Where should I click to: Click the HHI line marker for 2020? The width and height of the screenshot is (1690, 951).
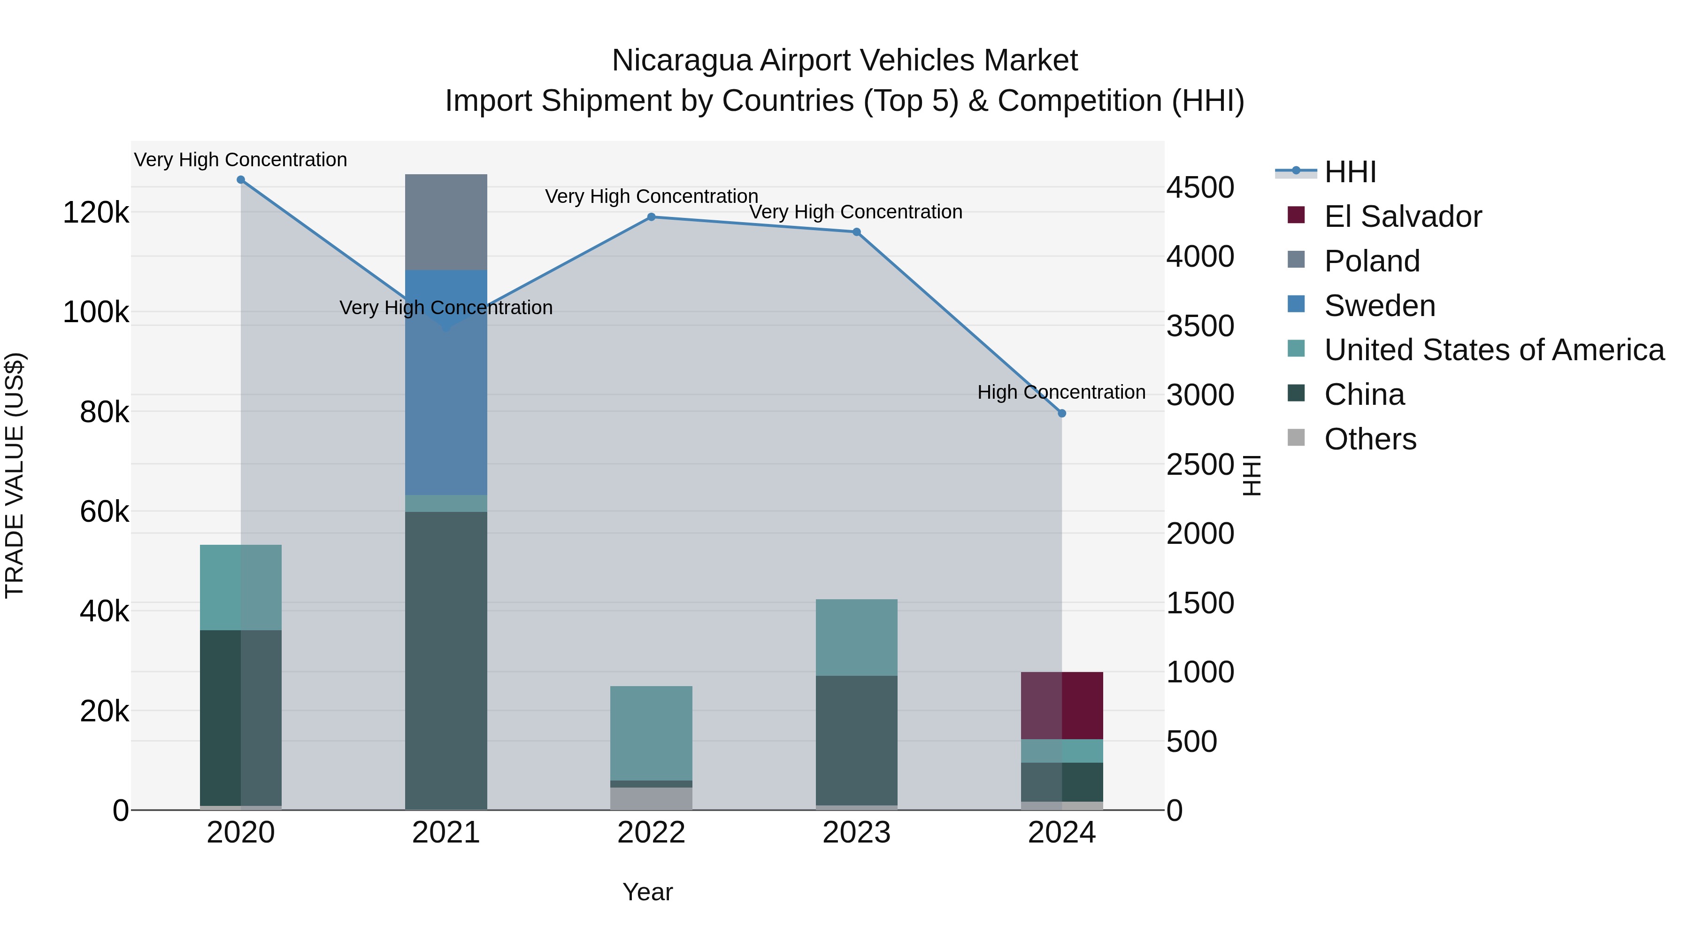(241, 180)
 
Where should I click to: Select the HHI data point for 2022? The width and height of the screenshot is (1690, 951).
(652, 217)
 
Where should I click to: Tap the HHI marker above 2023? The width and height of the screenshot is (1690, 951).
(856, 232)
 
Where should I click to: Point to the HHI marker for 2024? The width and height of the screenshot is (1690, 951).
(1062, 413)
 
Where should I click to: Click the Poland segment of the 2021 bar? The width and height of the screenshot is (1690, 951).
(446, 222)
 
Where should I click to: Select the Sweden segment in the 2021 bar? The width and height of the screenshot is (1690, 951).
(446, 394)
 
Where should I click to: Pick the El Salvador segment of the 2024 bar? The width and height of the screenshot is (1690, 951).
(1062, 705)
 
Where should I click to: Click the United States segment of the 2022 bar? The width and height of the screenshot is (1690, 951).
(652, 733)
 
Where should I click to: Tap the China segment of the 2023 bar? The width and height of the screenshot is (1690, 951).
(856, 740)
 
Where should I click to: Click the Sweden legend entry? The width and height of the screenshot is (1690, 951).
(1379, 306)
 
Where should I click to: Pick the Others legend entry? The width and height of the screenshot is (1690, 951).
(1370, 439)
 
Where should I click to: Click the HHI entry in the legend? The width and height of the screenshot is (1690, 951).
(1350, 172)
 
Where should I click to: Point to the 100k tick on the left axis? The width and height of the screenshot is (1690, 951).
(96, 312)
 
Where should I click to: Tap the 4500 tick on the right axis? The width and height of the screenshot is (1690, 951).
(1200, 188)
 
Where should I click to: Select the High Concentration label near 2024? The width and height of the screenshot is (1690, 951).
(1061, 393)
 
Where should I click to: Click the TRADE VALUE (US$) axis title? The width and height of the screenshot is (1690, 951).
(15, 475)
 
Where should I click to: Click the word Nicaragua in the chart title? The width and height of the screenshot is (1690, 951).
(681, 61)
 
